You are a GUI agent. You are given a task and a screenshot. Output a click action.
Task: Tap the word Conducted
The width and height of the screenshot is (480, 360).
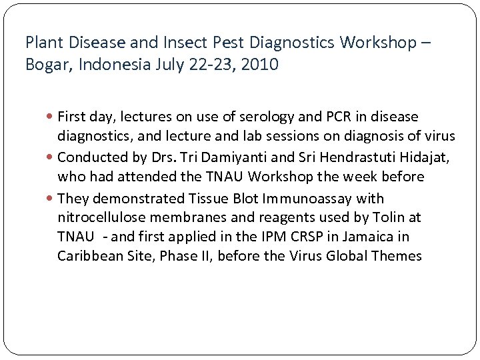pos(89,157)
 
